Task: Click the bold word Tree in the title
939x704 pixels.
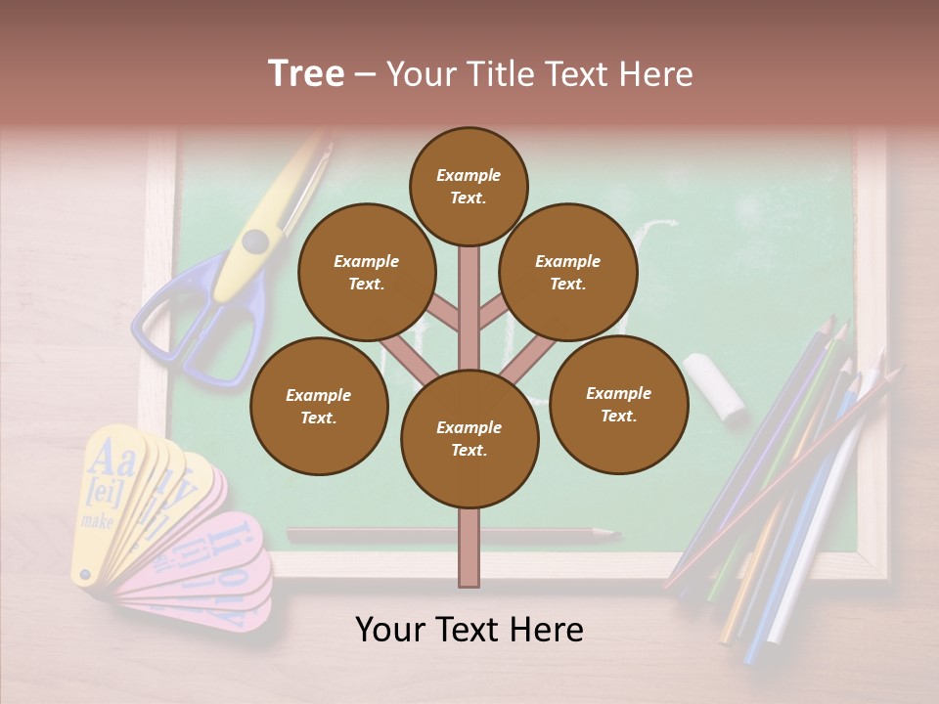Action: pos(306,73)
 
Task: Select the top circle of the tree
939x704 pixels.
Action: pos(469,186)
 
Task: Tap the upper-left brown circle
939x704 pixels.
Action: pos(367,272)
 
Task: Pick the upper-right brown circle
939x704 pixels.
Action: pos(568,272)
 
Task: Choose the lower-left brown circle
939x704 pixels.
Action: pos(319,406)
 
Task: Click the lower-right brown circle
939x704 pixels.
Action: pos(619,404)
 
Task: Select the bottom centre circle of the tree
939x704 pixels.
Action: pos(469,438)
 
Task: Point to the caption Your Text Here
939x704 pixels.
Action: pos(469,630)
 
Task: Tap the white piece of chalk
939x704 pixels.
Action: pos(714,387)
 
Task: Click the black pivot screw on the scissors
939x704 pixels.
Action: pos(256,240)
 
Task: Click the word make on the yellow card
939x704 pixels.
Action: pos(98,521)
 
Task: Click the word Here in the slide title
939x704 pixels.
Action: pos(654,73)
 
